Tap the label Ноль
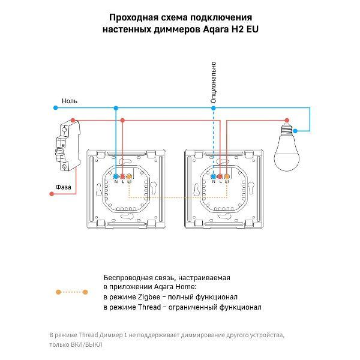pos(70,101)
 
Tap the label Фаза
pos(63,187)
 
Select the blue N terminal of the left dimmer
pos(115,176)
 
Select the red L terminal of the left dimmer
pos(122,176)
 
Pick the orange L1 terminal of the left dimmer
pos(130,176)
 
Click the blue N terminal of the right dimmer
pos(214,176)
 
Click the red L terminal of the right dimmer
pos(220,176)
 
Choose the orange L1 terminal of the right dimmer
pos(227,176)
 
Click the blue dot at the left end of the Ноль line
pos(51,108)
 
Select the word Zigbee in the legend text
pos(143,297)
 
